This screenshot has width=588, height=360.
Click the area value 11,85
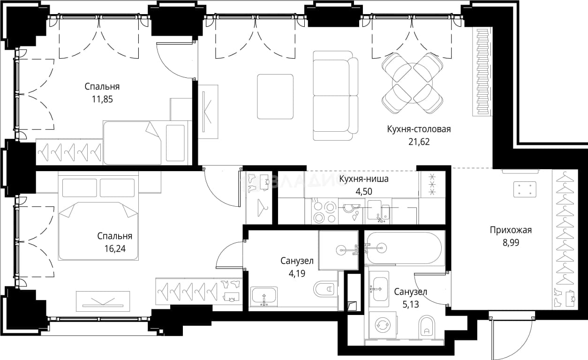[102, 99]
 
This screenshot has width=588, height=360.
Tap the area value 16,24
[115, 248]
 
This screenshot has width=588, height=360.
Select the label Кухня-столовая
[419, 129]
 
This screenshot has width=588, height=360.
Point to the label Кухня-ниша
[364, 179]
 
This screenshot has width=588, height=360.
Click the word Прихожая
[511, 230]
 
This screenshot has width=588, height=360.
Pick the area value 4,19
[297, 274]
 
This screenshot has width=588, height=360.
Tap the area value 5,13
[411, 304]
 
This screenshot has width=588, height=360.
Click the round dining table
[412, 83]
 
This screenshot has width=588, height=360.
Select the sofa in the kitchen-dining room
[335, 96]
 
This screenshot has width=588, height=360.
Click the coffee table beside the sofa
[275, 97]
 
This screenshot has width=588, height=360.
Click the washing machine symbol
[382, 325]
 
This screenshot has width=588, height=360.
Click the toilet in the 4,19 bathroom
[324, 289]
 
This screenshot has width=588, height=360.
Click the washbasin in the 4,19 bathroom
[264, 297]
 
